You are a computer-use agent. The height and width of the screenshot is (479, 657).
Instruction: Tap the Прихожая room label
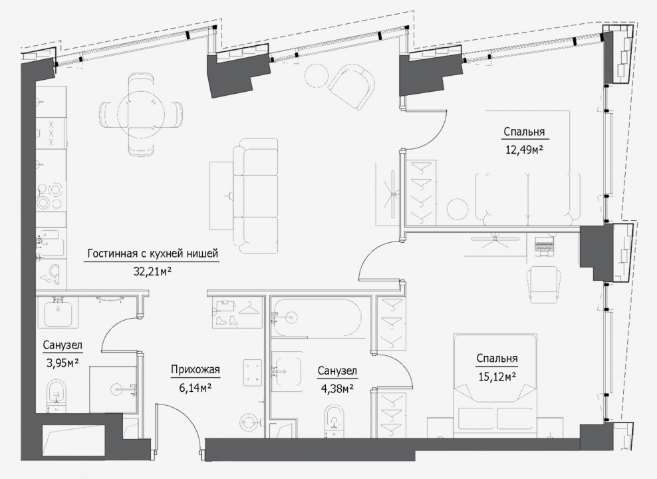pyautogui.click(x=195, y=370)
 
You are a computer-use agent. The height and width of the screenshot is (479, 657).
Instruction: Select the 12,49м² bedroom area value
pyautogui.click(x=524, y=150)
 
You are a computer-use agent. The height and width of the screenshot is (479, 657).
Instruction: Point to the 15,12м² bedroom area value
pyautogui.click(x=497, y=377)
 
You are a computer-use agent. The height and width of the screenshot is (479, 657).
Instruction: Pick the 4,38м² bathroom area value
pyautogui.click(x=337, y=388)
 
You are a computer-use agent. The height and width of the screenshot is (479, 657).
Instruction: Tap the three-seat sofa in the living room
pyautogui.click(x=255, y=196)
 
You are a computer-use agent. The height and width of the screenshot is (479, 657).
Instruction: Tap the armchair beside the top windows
pyautogui.click(x=352, y=86)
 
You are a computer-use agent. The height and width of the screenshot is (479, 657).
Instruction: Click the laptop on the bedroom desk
pyautogui.click(x=544, y=246)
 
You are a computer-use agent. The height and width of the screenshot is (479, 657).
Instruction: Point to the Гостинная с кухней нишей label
pyautogui.click(x=153, y=254)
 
